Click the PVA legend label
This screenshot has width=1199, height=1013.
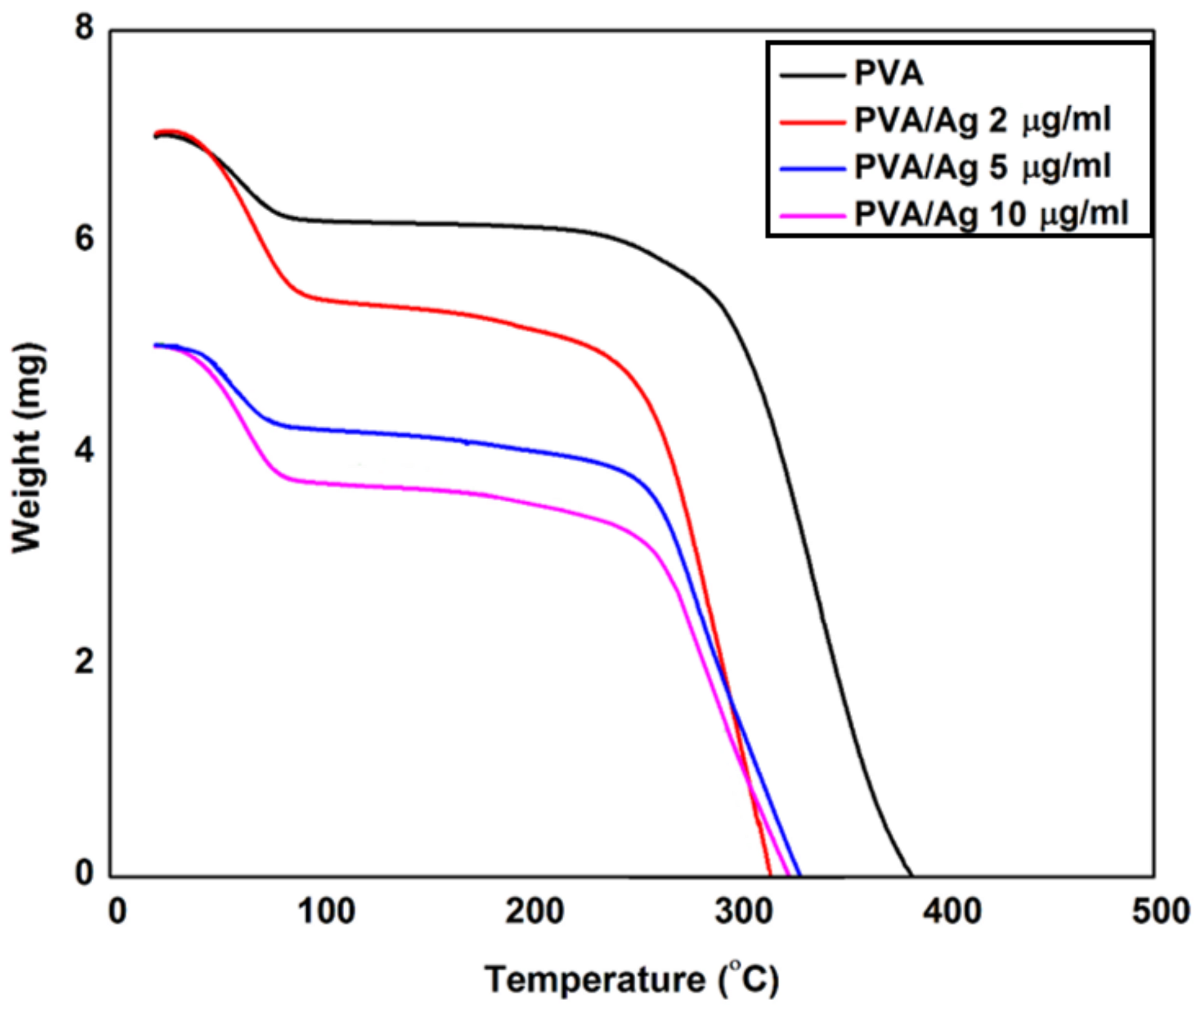coord(888,74)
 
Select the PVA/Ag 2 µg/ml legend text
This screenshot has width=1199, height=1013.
coord(982,120)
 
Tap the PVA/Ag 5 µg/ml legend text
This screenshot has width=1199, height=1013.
coord(982,167)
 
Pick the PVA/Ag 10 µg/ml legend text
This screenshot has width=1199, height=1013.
coord(991,214)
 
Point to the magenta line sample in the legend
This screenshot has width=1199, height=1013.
coord(812,215)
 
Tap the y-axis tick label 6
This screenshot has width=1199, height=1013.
coord(85,239)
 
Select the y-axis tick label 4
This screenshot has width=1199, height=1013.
coord(85,451)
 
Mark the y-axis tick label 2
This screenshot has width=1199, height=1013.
coord(85,662)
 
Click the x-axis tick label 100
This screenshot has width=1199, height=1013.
coord(326,912)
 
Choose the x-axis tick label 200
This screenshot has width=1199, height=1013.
coord(535,912)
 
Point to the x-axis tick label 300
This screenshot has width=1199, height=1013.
coord(744,912)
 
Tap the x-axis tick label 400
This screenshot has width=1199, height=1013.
coord(952,912)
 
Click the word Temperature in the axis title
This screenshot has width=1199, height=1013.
coord(594,980)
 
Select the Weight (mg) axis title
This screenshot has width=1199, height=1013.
coord(28,449)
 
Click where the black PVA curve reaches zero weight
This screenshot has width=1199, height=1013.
coord(911,874)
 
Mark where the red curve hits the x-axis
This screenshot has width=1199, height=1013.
coord(769,874)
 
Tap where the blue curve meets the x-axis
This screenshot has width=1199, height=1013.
coord(799,874)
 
